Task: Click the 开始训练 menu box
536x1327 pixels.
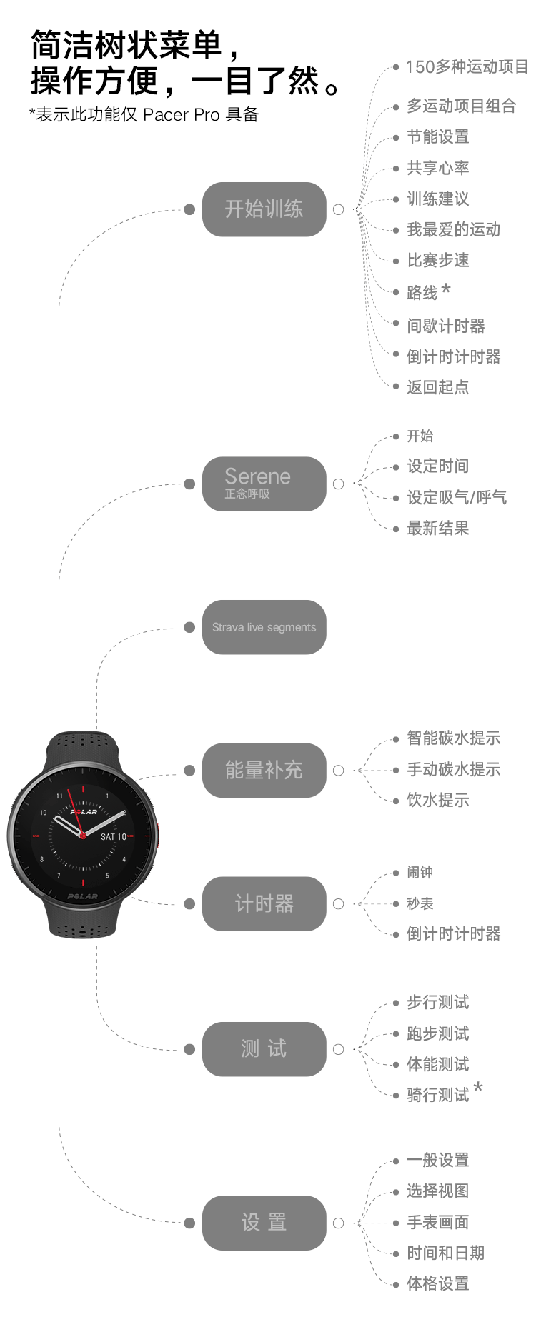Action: tap(264, 209)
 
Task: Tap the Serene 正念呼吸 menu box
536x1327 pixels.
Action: tap(264, 484)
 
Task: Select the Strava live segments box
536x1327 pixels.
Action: tap(264, 627)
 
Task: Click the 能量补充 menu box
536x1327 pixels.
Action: tap(264, 770)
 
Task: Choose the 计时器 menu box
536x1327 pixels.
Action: tap(264, 903)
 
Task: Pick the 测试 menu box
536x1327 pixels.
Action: tap(264, 1049)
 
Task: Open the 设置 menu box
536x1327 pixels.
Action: tap(264, 1223)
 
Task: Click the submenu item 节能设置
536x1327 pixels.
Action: tap(437, 136)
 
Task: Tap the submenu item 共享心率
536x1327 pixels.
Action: tap(437, 168)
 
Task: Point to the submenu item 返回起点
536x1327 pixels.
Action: tap(437, 387)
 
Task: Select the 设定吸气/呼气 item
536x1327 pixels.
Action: tap(457, 497)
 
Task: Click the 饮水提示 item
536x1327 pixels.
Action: tap(437, 801)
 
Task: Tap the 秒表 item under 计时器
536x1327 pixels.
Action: tap(420, 903)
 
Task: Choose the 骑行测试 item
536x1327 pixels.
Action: tap(437, 1095)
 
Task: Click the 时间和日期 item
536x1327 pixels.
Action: tap(445, 1253)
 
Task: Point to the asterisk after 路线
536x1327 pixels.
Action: tap(446, 289)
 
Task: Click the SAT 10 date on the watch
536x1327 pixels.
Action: tap(113, 836)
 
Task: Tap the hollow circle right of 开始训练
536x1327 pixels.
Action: tap(339, 209)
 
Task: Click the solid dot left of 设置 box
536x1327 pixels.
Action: tap(189, 1223)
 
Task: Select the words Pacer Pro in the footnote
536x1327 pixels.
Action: tap(181, 115)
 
